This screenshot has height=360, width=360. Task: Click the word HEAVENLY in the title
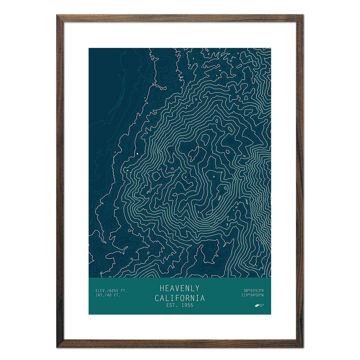pos(179,288)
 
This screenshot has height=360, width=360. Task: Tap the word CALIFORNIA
pos(180,298)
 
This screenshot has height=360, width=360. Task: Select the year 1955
pos(187,306)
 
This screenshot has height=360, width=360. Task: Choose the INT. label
pos(100,295)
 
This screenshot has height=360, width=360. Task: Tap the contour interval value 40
pos(110,295)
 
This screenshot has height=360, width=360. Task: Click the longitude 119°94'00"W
pos(252,295)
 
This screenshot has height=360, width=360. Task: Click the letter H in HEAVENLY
pos(162,288)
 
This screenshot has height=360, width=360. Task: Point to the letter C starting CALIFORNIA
pos(157,298)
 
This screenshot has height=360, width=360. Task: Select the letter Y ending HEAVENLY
pos(197,288)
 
